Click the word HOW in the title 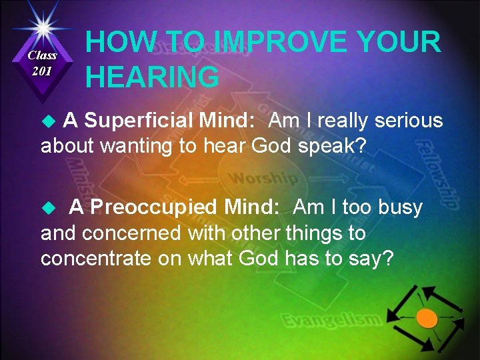coord(115,43)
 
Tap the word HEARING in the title coord(152,77)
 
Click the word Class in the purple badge coord(42,55)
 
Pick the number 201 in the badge coord(41,71)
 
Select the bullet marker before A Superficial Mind coord(47,121)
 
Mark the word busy coord(400,207)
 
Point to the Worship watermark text coord(263,179)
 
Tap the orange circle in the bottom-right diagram coord(427,319)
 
